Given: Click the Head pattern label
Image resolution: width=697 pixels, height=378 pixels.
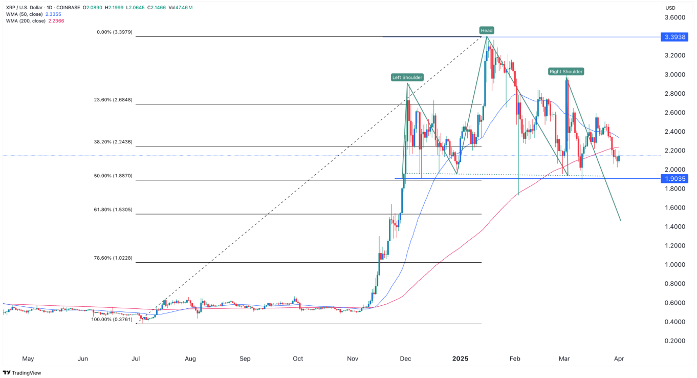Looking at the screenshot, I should coord(486,30).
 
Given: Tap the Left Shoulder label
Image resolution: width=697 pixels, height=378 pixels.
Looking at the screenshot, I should coord(407,77).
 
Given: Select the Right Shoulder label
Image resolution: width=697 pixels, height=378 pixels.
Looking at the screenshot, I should coord(566,72).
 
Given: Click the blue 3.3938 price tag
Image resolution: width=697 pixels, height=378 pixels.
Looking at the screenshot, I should coord(674,37).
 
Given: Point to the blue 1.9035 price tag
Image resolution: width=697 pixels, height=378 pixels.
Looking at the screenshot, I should coord(674,179).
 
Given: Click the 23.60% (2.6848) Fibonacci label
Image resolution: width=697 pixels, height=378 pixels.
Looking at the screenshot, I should coord(115,100).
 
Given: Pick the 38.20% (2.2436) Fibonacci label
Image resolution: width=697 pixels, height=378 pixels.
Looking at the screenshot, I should coord(115,142).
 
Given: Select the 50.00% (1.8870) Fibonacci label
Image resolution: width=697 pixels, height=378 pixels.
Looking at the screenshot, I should coord(115,176).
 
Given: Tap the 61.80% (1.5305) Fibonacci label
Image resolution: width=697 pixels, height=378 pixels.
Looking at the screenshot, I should coord(115,209).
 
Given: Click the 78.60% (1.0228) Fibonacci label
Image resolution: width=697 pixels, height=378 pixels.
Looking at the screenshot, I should coord(115,258).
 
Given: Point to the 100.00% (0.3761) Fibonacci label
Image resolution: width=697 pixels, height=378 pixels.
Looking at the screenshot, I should coord(112,319).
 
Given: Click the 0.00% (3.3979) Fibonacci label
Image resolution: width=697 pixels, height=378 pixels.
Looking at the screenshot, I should coord(115,32).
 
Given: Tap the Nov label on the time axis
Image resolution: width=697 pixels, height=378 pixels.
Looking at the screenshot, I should coord(353,359).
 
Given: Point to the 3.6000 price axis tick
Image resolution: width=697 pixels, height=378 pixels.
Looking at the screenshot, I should coord(674,18).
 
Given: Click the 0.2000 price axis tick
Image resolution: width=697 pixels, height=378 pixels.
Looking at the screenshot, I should coord(674,341).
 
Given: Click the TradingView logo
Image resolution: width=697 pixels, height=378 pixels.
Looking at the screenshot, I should coord(22,373).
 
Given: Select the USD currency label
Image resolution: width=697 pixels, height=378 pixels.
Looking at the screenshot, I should coord(670,8).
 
